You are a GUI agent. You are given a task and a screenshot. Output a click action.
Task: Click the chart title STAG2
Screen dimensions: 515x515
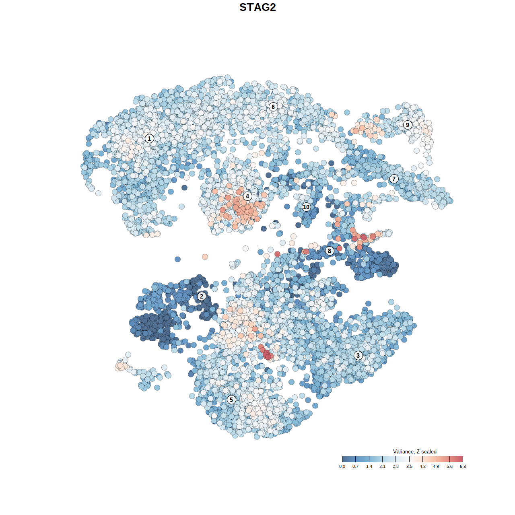257,7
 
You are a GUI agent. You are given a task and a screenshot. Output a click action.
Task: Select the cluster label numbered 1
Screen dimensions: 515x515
149,138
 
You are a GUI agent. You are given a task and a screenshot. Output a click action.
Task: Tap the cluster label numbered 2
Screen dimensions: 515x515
202,297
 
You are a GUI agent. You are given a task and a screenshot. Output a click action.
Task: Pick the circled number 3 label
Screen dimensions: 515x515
358,355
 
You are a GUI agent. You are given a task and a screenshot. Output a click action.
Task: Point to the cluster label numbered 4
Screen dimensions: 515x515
247,196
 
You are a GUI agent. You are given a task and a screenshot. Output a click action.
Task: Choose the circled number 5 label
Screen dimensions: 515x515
231,400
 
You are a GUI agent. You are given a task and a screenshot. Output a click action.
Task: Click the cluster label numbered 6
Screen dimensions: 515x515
273,107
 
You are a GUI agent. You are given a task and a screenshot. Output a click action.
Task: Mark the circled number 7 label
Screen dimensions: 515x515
394,179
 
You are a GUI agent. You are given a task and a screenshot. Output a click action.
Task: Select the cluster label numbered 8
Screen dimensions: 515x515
330,251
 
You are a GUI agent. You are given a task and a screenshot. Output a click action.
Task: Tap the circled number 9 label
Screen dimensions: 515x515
408,125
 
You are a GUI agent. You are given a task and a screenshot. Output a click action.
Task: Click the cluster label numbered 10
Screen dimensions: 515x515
306,207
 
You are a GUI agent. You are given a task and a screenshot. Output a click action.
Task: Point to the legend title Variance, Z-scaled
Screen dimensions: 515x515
414,451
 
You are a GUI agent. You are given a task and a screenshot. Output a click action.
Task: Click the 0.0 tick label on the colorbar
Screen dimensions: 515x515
342,466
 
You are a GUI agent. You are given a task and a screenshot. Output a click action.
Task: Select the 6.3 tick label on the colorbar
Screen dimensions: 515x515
463,466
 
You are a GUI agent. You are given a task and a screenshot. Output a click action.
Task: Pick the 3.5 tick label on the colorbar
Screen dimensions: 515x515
409,466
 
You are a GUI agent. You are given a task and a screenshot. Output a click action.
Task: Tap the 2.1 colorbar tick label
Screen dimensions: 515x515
382,466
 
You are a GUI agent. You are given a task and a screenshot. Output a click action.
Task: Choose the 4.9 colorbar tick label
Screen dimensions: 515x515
436,466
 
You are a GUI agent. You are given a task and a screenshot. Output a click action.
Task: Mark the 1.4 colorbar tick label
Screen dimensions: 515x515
369,466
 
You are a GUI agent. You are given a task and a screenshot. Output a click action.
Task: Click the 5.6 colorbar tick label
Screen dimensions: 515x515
449,466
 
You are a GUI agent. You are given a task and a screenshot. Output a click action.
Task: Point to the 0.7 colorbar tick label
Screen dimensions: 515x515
355,466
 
